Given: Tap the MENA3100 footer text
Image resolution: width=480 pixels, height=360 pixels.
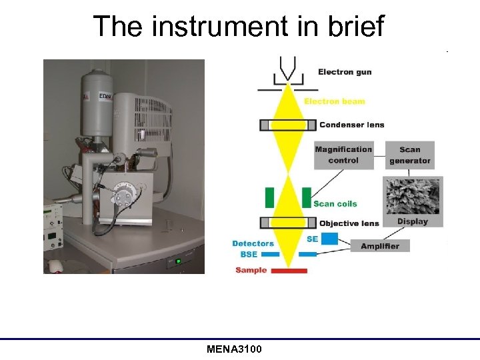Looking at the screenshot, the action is [235, 349].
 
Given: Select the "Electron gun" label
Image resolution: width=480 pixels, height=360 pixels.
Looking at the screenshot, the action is [345, 72].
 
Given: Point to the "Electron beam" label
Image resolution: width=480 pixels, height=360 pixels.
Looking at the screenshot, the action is [335, 101].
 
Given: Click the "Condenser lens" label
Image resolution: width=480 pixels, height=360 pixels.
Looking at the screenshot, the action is [351, 125].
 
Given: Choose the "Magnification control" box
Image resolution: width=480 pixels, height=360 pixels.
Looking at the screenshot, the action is [343, 155].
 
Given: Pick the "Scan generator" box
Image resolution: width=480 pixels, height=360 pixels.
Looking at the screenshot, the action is [410, 155].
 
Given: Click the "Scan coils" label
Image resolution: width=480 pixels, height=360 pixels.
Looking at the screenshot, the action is [335, 204].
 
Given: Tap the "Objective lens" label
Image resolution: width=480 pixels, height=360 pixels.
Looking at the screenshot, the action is [349, 223].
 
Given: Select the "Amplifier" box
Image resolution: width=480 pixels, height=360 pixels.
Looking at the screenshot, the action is [380, 246].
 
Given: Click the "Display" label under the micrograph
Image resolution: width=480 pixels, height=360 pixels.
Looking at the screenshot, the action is [413, 221].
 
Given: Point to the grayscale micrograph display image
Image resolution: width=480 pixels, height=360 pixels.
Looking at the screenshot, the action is [413, 195].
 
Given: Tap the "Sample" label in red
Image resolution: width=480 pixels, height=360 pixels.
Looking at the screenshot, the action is [251, 270].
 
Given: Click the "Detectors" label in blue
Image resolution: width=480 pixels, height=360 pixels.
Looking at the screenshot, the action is [253, 244].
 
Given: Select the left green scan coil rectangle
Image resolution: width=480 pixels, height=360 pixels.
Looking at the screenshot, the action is [269, 197].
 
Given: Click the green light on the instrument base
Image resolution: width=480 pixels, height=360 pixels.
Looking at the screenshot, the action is [177, 261].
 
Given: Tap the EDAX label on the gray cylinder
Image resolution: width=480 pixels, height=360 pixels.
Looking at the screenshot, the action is [105, 97].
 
